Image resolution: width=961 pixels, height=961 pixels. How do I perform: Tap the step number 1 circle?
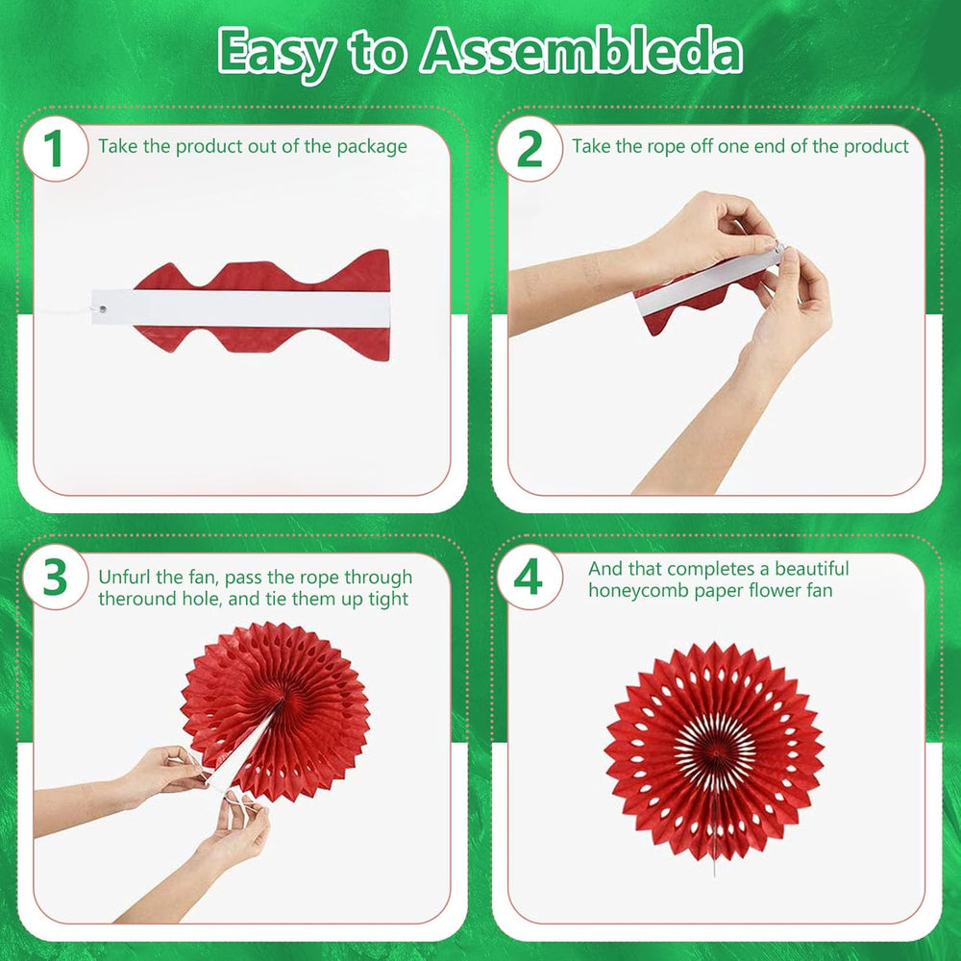(x=55, y=149)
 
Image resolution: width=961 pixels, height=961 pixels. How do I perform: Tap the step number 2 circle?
(x=530, y=149)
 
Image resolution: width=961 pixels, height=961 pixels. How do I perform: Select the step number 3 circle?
(x=55, y=578)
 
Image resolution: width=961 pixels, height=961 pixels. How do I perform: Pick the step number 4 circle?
(x=530, y=578)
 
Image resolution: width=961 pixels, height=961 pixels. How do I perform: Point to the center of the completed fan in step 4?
(x=715, y=750)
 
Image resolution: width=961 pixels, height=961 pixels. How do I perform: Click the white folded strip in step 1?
(x=241, y=308)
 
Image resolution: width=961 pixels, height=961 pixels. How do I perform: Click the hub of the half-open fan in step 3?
(x=279, y=704)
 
